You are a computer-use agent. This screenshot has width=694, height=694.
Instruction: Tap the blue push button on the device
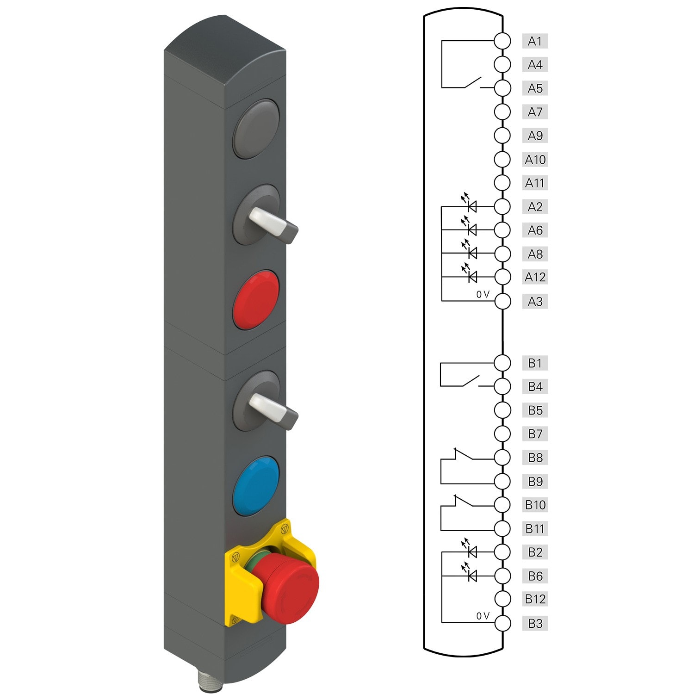pos(256,486)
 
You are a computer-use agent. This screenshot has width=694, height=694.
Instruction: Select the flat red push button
pos(256,300)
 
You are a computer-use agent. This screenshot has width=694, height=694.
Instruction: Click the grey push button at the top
pos(256,129)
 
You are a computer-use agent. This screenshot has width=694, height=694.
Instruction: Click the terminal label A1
pos(535,41)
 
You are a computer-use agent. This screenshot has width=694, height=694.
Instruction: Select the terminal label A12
pos(535,277)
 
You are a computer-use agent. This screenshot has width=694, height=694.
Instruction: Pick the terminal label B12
pos(535,599)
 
